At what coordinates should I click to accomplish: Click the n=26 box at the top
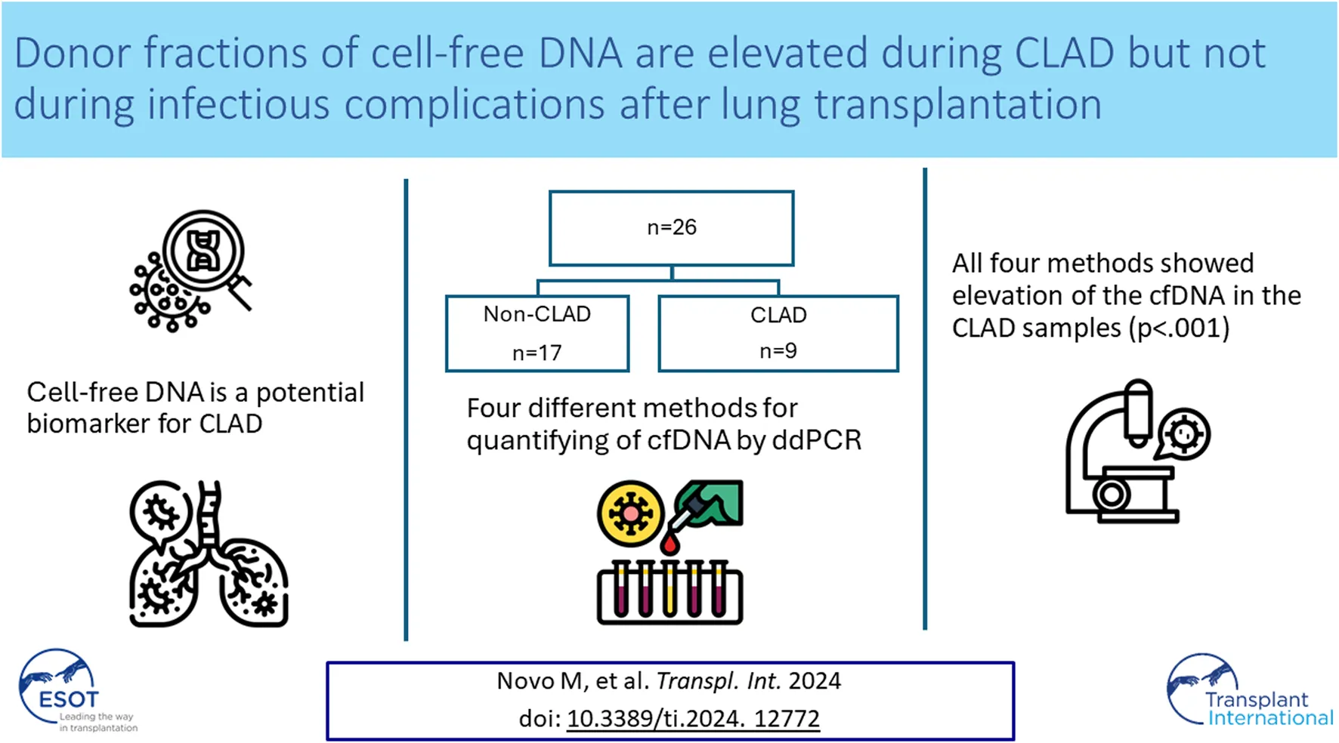click(x=671, y=227)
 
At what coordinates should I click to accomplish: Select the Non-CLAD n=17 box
click(x=537, y=333)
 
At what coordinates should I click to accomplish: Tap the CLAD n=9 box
click(x=778, y=333)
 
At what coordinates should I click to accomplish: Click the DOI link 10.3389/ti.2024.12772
click(x=693, y=718)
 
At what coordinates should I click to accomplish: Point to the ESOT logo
click(x=60, y=689)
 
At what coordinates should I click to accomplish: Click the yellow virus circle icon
click(x=630, y=513)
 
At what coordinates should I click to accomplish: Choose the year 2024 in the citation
click(x=815, y=681)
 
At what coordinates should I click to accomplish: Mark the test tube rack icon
click(x=669, y=593)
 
